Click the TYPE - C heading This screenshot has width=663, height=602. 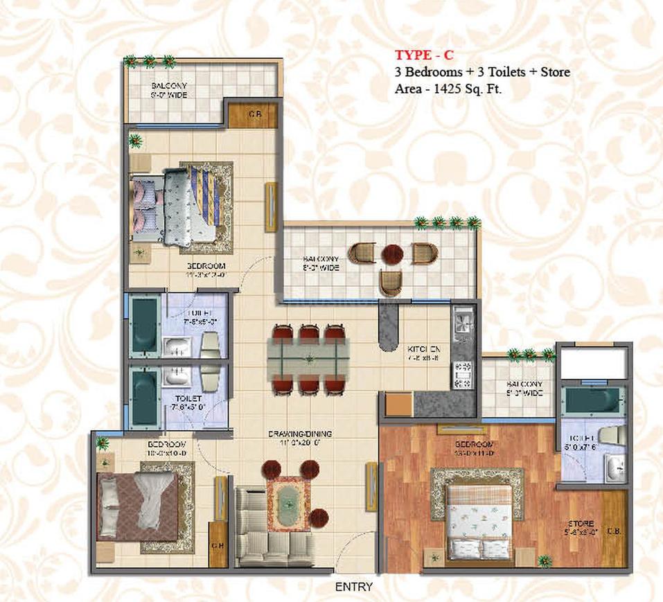point(424,55)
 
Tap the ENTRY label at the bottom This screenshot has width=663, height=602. point(353,587)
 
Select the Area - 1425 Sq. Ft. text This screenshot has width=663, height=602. point(449,89)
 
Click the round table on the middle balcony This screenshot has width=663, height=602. point(391,254)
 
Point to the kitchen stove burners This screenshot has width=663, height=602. point(461,374)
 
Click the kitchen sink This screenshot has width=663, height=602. point(462,321)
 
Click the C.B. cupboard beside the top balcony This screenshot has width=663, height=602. point(254,115)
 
